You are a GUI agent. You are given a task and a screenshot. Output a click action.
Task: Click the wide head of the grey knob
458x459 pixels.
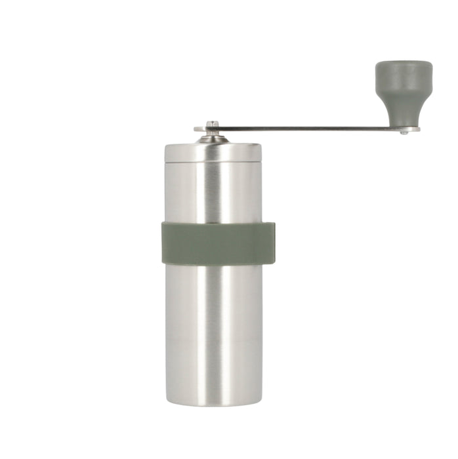404,75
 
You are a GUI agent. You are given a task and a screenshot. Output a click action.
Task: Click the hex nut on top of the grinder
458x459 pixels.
212,125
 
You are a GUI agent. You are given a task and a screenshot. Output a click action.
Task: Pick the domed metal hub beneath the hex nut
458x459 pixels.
212,138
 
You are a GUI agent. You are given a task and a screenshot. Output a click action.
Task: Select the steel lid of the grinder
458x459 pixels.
213,151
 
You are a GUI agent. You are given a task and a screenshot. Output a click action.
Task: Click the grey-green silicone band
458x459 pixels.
218,243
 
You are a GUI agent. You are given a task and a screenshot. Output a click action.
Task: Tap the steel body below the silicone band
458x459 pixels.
213,328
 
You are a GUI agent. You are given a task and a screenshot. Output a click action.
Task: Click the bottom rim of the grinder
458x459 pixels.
213,401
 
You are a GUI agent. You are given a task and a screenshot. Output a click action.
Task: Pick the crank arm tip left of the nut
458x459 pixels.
199,129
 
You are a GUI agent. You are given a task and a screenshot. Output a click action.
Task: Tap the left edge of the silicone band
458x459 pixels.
164,243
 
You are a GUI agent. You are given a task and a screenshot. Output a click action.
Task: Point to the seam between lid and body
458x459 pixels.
213,161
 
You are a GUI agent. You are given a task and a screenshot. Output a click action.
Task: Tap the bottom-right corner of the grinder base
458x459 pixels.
260,403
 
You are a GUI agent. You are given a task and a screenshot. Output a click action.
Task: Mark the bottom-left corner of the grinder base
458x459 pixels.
167,403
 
